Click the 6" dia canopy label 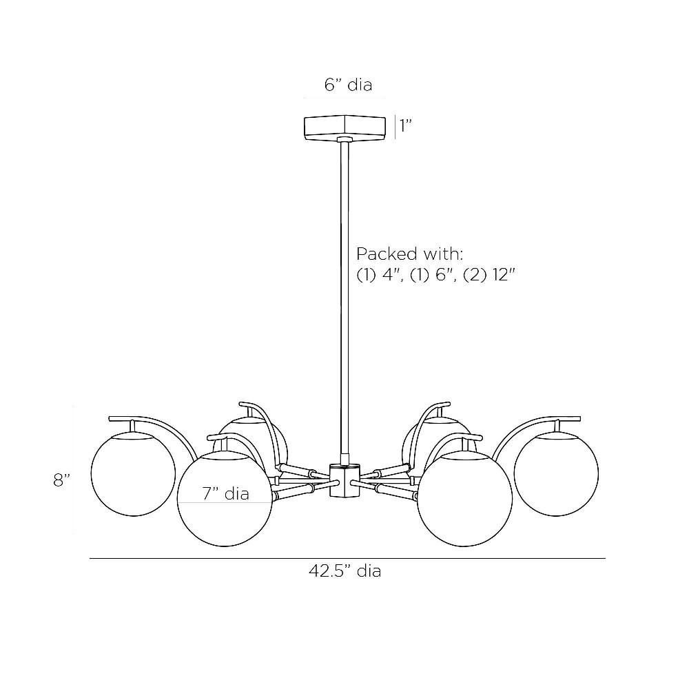click(x=348, y=84)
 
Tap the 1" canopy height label click(x=406, y=125)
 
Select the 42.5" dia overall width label click(x=344, y=570)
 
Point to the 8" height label click(x=62, y=480)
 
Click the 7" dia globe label click(x=226, y=493)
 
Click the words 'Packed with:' click(x=409, y=254)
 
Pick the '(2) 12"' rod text click(x=489, y=276)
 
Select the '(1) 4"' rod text click(x=380, y=276)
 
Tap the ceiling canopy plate click(x=345, y=127)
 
